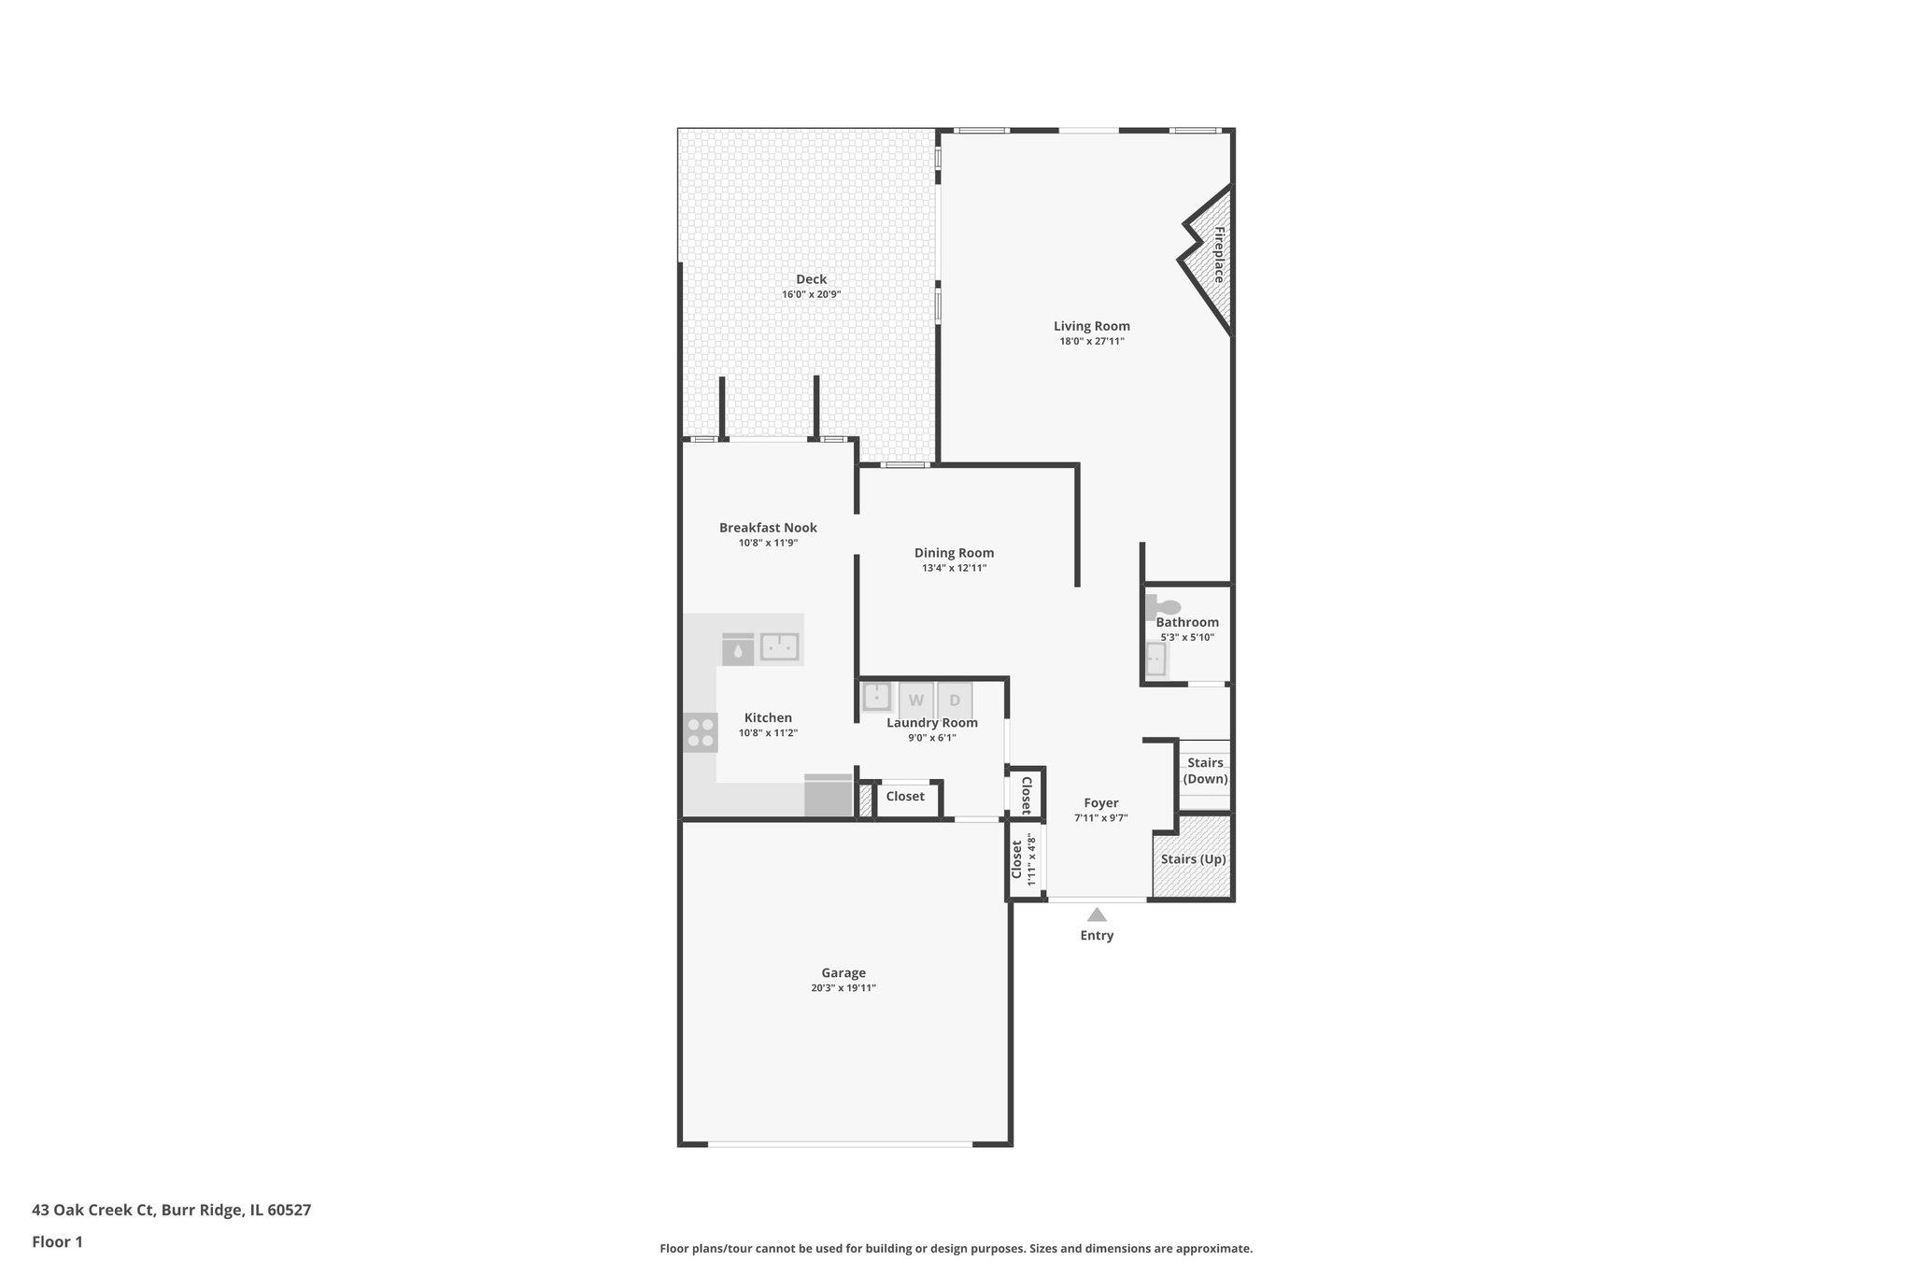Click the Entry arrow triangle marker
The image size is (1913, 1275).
point(1097,915)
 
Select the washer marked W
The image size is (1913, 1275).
point(915,701)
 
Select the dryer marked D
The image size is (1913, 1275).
point(955,701)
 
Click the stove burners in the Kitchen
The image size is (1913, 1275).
point(700,732)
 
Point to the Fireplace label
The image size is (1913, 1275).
point(1219,254)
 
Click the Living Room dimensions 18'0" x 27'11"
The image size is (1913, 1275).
point(1091,342)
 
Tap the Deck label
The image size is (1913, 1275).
point(811,279)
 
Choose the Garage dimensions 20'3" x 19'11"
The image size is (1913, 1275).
point(843,988)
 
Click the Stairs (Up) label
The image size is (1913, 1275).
point(1193,859)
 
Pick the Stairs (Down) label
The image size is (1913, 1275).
point(1205,771)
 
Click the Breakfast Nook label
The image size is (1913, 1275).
point(768,528)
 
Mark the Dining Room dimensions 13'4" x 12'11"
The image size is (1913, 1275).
point(954,568)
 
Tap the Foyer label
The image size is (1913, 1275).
point(1100,803)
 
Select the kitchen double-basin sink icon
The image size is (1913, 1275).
point(779,646)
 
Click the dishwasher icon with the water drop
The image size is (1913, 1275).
point(738,649)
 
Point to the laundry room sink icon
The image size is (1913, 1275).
point(876,697)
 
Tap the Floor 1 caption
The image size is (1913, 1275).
point(57,1242)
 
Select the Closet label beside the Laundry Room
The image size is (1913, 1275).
point(904,797)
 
